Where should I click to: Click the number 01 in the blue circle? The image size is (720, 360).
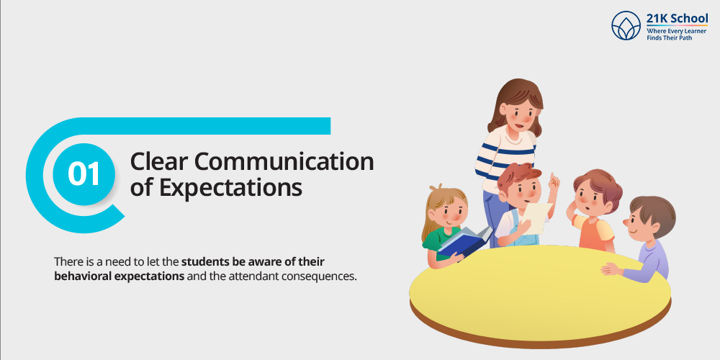[x=84, y=174]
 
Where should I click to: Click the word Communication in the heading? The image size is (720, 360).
[x=284, y=161]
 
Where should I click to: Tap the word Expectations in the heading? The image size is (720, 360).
[x=230, y=187]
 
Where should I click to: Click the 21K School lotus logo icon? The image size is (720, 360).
[x=626, y=26]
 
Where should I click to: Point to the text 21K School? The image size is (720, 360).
[x=677, y=19]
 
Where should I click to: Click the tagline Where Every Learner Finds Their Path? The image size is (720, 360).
[x=676, y=34]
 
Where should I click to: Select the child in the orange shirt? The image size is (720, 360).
[x=594, y=211]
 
